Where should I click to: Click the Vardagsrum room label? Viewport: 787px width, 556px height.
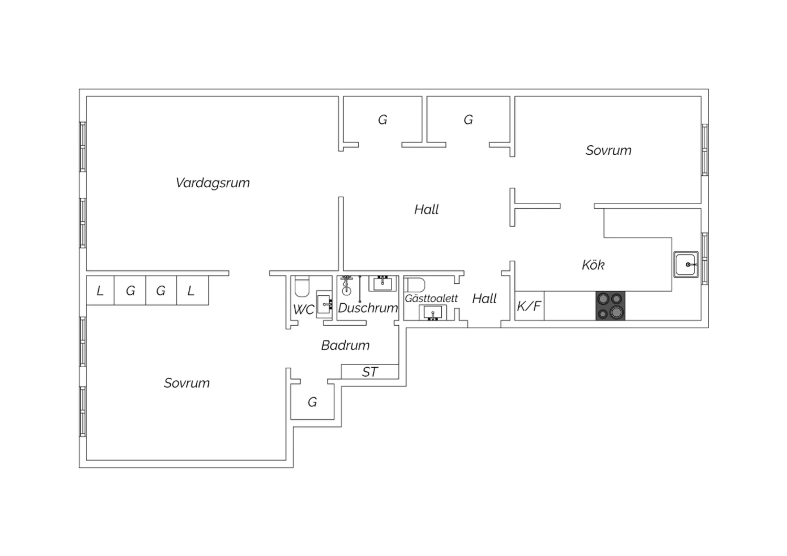coord(212,183)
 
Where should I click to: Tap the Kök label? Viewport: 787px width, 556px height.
coord(593,265)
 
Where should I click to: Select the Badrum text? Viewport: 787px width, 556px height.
coord(345,345)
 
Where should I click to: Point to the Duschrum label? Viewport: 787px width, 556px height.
coord(368,308)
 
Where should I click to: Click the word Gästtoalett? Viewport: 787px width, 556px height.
coord(431,298)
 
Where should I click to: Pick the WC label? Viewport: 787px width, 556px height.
coord(304,309)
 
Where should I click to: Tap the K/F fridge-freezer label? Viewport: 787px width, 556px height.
coord(529,306)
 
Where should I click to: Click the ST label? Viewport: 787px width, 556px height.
coord(369,372)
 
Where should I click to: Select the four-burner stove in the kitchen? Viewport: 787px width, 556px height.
coord(610,306)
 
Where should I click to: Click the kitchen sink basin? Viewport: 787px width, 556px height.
coord(686,264)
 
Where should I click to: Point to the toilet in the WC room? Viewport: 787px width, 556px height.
coord(302,286)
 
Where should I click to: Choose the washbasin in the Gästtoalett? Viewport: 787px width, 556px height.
coord(432,312)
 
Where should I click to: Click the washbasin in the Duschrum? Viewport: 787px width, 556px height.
coord(382,283)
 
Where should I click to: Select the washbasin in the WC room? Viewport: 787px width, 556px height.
coord(324,304)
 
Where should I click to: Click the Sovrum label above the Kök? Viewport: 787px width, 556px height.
coord(609,151)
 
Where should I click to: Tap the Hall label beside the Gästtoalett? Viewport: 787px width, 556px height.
coord(484,299)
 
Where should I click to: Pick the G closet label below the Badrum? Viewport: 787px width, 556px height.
coord(312,402)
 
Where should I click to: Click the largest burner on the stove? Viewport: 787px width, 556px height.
coord(616,312)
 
